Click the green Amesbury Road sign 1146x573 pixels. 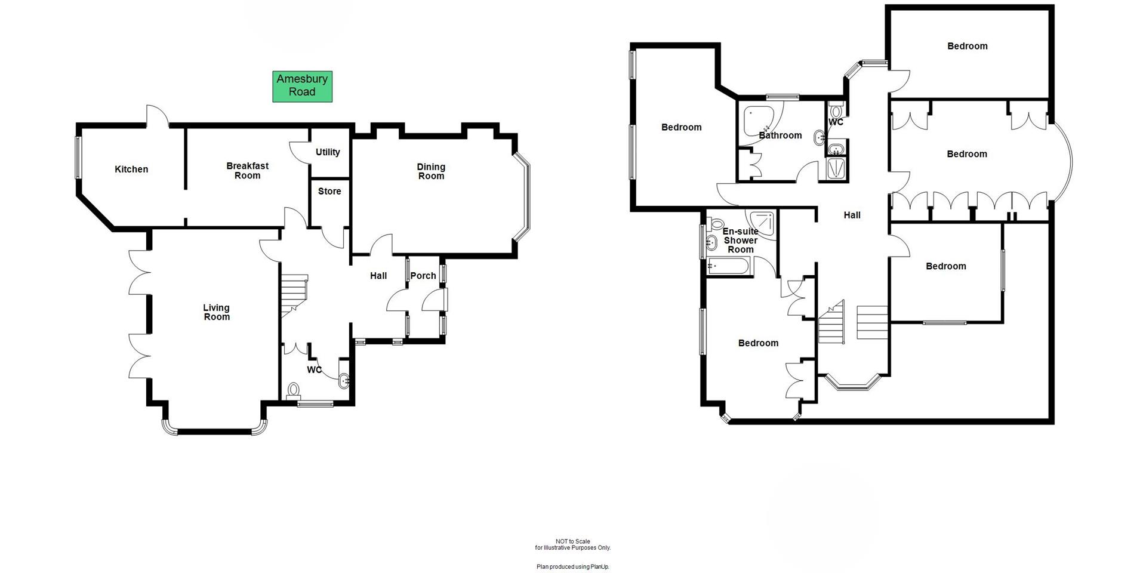coord(302,86)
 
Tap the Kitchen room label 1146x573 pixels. coord(131,170)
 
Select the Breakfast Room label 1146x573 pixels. coord(247,171)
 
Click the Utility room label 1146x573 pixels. coord(328,152)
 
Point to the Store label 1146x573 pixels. coord(329,192)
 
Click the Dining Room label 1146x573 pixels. coord(431,171)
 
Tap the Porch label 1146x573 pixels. coord(423,276)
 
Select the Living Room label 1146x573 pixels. coord(216,312)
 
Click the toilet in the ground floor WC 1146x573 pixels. coord(293,391)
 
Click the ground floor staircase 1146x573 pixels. coord(293,296)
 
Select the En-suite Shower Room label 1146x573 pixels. coord(740,241)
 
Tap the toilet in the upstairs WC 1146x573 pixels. coord(836,111)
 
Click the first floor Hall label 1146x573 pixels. coord(852,215)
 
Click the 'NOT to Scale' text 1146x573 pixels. coord(572,541)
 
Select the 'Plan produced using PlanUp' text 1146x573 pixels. coord(572,566)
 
